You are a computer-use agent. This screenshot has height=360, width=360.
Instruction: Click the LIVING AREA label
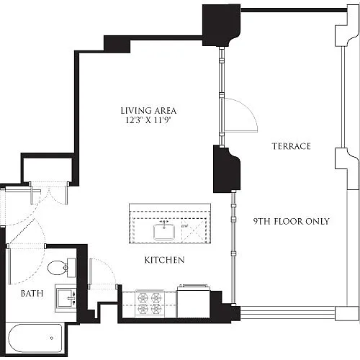[x=148, y=111]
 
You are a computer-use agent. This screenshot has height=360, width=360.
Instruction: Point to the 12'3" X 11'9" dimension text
[x=148, y=120]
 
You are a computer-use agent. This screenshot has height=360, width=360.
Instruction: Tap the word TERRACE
[x=292, y=146]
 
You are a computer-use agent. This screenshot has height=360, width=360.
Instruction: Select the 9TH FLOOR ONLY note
[x=292, y=221]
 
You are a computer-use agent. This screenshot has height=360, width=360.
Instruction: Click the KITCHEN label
[x=165, y=260]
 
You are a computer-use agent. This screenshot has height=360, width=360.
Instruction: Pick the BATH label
[x=32, y=293]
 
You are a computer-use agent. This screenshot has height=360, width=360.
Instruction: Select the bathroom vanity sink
[x=66, y=298]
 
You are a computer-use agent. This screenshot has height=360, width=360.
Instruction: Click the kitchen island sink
[x=164, y=232]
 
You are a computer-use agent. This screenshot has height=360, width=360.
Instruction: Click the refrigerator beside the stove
[x=193, y=302]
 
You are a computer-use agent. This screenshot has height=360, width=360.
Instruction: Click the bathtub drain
[x=52, y=338]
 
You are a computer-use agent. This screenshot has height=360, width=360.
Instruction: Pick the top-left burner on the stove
[x=142, y=298]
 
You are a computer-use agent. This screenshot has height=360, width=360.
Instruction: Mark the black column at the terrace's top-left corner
[x=221, y=25]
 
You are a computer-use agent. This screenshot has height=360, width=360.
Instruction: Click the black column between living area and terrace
[x=226, y=168]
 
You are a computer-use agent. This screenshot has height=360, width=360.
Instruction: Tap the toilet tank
[x=71, y=268]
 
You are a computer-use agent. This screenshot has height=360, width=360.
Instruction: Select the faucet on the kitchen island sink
[x=164, y=224]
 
